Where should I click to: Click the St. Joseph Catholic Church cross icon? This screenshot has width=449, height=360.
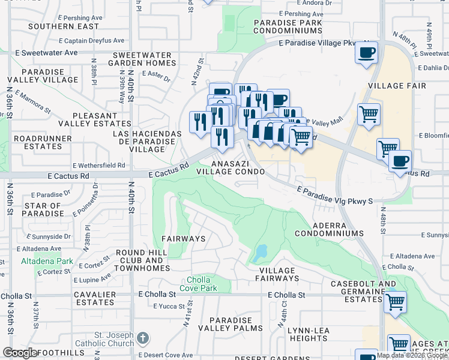tap(142, 338)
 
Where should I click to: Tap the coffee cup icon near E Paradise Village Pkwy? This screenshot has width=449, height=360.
tap(366, 53)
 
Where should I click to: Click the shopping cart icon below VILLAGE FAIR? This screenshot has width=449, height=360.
tap(369, 113)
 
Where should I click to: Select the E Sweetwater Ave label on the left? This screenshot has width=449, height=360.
tap(47, 53)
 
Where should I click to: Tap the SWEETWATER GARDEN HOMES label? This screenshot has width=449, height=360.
tap(142, 59)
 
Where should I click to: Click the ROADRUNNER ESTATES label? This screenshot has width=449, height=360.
tap(34, 142)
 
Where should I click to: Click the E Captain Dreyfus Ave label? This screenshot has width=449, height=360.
tap(92, 41)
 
